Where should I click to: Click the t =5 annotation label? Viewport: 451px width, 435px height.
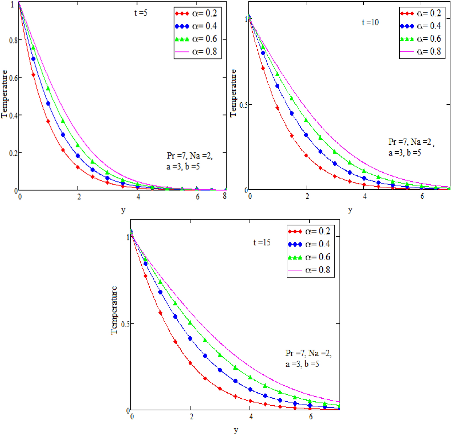141,13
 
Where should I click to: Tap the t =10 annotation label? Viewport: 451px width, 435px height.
370,22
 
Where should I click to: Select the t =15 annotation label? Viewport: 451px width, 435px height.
262,242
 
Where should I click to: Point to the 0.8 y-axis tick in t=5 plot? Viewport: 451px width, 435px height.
13,40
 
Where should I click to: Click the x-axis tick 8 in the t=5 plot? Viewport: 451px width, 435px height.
224,196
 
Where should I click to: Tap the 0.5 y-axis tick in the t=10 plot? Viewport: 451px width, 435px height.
243,105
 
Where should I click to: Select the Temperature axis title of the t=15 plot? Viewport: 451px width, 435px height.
114,310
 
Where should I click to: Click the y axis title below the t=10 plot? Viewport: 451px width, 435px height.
350,210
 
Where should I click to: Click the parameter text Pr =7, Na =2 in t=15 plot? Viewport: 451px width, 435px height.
308,353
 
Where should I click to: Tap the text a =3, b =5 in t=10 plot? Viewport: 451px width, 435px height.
405,152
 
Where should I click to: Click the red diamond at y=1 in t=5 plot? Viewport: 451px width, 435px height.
48,121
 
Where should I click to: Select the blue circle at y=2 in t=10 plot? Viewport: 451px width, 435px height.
306,135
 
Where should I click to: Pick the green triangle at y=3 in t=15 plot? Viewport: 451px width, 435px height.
220,355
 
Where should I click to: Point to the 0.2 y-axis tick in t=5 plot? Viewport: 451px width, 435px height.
13,153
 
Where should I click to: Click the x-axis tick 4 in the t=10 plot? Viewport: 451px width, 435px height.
364,196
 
